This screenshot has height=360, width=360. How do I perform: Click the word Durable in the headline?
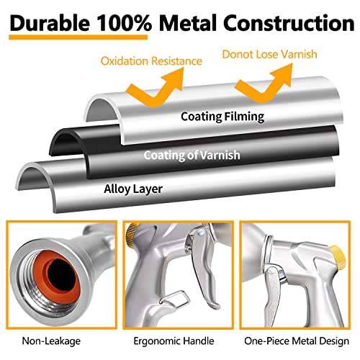pos(50,23)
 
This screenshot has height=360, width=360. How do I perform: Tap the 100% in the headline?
pos(125,23)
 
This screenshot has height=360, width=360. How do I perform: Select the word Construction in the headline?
pos(289,23)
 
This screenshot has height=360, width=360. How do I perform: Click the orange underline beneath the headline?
pos(78,37)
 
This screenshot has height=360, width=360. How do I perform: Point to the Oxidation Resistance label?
pos(151,61)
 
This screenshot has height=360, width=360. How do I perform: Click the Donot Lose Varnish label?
pos(269,54)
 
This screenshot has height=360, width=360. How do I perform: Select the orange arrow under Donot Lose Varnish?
pos(265,83)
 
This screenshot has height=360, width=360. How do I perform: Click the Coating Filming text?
pos(222,117)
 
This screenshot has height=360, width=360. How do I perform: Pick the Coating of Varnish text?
pos(192,155)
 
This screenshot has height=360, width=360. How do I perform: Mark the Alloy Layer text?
pos(133,189)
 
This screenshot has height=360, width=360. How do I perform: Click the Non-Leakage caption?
pos(51,341)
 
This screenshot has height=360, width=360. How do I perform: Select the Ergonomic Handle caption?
pos(174,341)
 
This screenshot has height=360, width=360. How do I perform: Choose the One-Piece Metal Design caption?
pos(297,341)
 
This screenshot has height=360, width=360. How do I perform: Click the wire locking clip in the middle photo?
pos(175,299)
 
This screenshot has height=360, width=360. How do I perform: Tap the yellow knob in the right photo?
pos(337,256)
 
